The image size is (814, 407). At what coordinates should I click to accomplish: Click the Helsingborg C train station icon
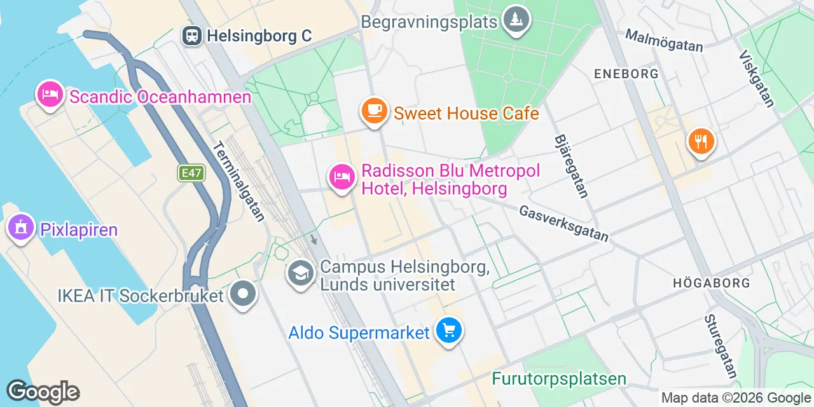pos(192,36)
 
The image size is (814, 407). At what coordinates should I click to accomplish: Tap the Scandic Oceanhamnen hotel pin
pos(50,95)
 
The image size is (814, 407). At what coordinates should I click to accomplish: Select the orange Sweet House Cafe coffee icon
pos(374,111)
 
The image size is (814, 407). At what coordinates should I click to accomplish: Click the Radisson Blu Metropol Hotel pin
pos(341,176)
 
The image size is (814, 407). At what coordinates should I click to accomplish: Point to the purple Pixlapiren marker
pos(20,227)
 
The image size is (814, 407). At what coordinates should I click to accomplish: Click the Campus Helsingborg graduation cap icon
pos(300,273)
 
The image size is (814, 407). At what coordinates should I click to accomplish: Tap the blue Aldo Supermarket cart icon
pos(449,331)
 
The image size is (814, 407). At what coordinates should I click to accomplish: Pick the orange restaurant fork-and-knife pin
pos(701,141)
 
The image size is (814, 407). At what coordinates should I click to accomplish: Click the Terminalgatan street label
pos(238,181)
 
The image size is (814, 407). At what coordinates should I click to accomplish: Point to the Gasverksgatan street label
pos(563,223)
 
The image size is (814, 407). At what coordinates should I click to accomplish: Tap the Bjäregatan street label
pos(571,165)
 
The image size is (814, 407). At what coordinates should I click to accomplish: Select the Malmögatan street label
pos(664,40)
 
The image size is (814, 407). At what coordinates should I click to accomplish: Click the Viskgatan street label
pos(757,79)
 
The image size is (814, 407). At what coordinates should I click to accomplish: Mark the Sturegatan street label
pos(721,346)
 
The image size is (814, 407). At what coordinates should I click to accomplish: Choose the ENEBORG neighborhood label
pos(626,74)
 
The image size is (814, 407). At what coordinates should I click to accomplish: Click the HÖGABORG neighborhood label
pos(712,282)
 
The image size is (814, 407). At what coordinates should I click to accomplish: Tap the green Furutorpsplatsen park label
pos(559,379)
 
